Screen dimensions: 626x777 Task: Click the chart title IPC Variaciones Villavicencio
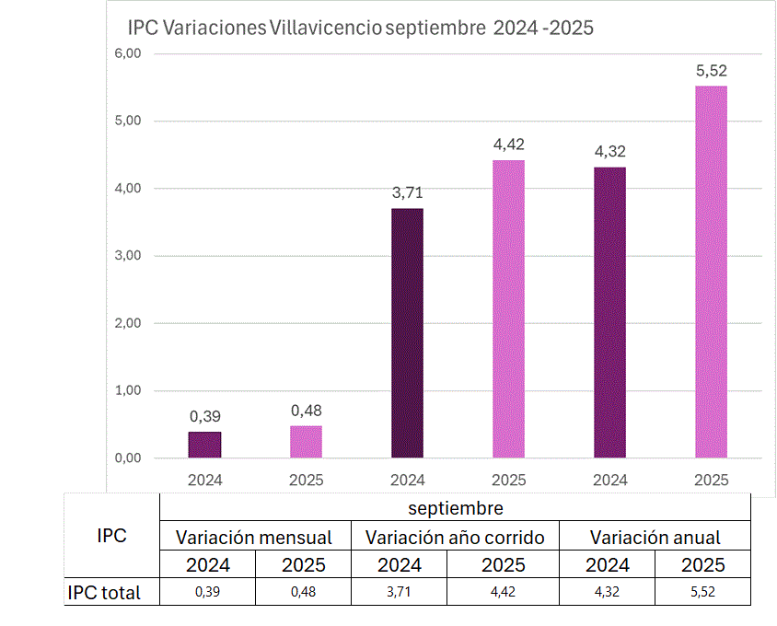coord(360,28)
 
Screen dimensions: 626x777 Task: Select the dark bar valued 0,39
coord(204,445)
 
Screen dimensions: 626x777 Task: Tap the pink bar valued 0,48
coord(306,442)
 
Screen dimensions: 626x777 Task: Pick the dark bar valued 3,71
coord(407,332)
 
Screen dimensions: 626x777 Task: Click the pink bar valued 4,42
coord(508,308)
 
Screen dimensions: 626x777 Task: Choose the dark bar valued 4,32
coord(609,312)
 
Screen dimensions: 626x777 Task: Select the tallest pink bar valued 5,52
coord(711,272)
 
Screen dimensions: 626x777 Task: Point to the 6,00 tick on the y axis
coord(127,53)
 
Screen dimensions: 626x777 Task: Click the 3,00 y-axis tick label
coord(127,256)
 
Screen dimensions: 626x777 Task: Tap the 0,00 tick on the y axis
coord(127,458)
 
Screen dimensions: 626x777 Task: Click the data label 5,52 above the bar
coord(711,70)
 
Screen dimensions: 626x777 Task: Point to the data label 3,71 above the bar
coord(407,192)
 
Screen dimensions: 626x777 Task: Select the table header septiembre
coord(455,507)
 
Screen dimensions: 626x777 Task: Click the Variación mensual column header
coord(254,537)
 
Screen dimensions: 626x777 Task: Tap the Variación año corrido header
coord(455,537)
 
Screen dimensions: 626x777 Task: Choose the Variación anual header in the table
coord(655,537)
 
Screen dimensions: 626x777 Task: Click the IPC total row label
coord(104,593)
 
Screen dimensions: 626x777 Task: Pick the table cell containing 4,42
coord(507,593)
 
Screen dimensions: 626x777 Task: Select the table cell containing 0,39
coord(207,593)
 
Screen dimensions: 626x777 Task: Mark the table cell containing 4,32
coord(608,593)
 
